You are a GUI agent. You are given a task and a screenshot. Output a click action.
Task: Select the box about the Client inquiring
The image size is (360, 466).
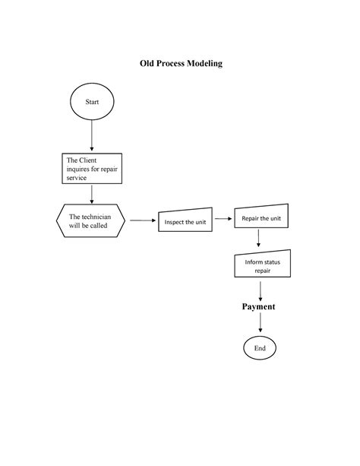coord(92,169)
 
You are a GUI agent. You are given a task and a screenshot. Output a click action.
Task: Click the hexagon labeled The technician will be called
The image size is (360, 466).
coord(90,220)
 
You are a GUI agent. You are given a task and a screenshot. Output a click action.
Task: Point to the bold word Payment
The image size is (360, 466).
coord(258,306)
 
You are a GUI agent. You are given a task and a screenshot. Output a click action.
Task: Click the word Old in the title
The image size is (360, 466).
coord(147,63)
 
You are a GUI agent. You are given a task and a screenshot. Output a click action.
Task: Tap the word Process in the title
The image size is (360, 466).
coord(170,63)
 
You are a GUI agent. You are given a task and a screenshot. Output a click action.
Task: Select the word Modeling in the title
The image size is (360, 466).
coord(204,64)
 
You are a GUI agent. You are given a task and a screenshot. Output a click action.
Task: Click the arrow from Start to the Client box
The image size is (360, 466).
coord(92,135)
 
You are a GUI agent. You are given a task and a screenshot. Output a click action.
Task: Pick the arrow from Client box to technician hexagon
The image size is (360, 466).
coord(92,195)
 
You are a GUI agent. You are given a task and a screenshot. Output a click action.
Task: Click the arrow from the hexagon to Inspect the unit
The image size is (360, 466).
coord(143,220)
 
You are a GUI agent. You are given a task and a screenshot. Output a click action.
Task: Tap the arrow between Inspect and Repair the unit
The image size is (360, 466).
coord(223,219)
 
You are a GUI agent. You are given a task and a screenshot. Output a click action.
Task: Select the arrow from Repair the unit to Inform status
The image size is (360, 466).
coord(258,238)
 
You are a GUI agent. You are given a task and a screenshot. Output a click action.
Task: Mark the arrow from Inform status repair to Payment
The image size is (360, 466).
coord(261,291)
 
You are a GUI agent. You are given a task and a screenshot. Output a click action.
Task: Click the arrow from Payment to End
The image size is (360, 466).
coord(261,322)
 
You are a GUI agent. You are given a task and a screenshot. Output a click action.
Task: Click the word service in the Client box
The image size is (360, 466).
coord(77,178)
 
